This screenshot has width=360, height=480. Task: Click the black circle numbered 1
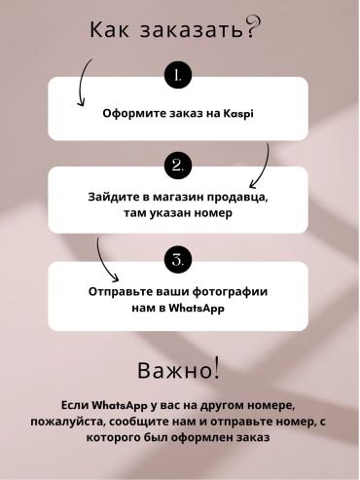178,75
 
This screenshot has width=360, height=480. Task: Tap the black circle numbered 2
178,166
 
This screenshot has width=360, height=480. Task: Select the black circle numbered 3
178,260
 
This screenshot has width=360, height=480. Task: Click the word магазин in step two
178,197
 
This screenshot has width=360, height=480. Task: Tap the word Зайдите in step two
112,197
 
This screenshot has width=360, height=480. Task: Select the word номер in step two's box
213,213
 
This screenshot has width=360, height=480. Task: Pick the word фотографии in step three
230,291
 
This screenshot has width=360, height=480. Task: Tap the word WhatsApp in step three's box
197,308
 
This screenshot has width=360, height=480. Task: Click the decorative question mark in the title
253,27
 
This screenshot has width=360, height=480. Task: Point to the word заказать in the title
192,30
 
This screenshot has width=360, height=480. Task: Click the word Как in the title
109,29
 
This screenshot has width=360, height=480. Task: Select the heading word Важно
174,370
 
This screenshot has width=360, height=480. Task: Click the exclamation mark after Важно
217,368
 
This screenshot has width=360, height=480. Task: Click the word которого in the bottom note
115,438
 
